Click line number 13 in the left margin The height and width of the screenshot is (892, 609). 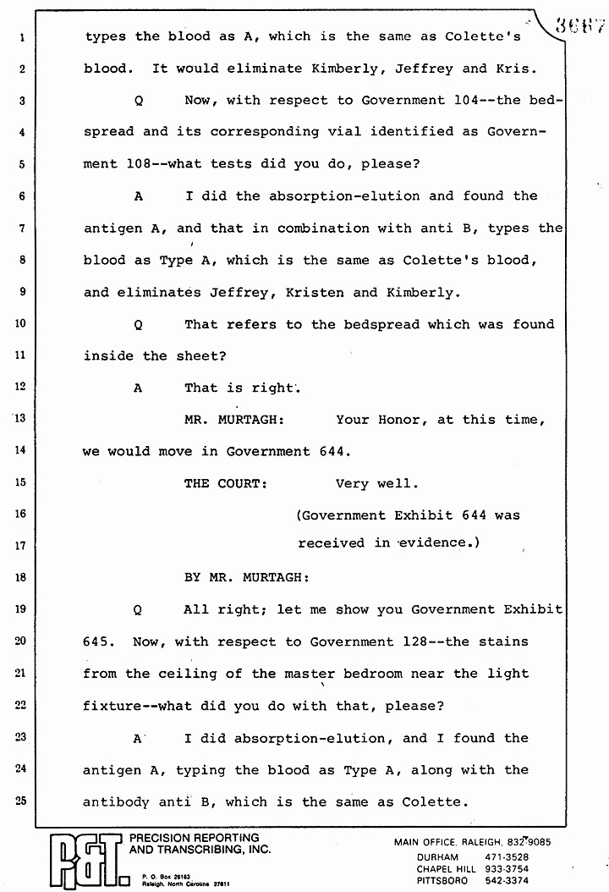tap(20, 419)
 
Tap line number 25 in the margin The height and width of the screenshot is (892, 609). tap(20, 801)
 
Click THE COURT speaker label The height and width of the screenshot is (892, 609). tap(226, 483)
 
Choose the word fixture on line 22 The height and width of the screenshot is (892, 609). tap(112, 706)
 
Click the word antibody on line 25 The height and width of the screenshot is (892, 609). tap(117, 801)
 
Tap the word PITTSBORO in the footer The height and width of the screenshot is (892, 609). tap(445, 881)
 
